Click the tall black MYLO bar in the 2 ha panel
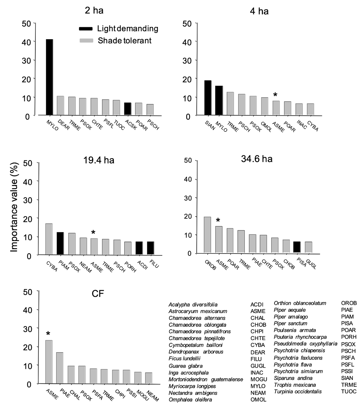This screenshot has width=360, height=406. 49,77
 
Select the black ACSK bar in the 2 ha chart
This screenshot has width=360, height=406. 127,109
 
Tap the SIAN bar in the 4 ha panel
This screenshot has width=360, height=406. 208,98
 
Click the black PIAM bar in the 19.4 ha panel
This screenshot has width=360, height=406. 60,243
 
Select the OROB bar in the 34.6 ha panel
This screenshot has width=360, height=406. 207,235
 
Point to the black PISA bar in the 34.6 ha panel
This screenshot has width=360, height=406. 297,247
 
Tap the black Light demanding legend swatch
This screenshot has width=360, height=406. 86,29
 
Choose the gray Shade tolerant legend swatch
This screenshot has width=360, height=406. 86,41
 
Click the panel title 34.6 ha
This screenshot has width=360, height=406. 256,158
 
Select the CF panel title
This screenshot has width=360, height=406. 98,294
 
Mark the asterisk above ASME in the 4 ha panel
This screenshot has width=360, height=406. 275,95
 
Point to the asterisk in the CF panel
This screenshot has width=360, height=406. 48,334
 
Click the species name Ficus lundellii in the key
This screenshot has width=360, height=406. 184,359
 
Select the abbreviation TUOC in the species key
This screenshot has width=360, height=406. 349,391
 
